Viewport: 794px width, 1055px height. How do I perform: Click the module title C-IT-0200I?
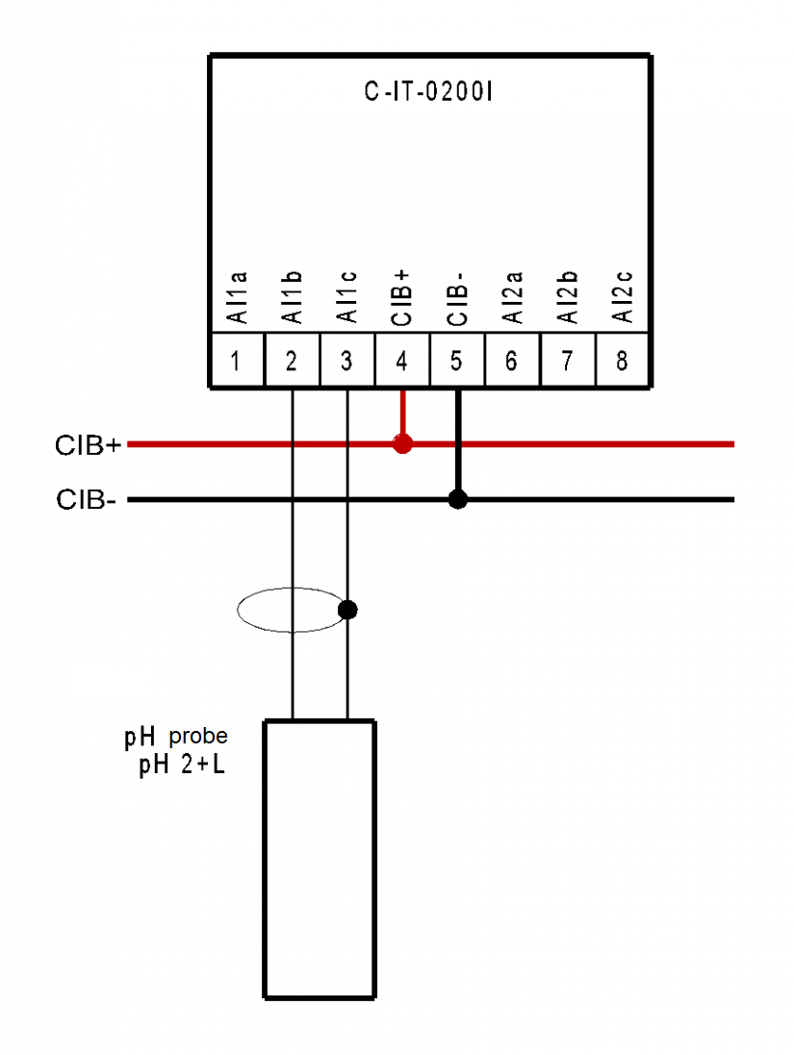[x=429, y=93]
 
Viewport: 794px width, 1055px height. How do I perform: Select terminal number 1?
[x=236, y=361]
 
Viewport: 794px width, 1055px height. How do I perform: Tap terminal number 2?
[x=292, y=361]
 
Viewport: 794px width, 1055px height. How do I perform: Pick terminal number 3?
[x=346, y=361]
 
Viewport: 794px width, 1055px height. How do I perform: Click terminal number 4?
[x=401, y=361]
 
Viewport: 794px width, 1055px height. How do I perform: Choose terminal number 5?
[x=456, y=361]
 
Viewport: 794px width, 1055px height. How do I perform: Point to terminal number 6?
[x=511, y=361]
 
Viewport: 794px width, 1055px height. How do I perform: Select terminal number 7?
[x=567, y=361]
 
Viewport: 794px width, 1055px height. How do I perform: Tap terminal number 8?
[x=622, y=361]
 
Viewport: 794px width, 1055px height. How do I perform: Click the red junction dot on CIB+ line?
[x=402, y=444]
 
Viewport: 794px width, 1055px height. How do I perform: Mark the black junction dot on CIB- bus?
[x=458, y=499]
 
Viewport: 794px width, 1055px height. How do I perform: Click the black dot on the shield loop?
[x=348, y=610]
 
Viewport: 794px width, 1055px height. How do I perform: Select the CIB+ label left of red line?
[x=88, y=445]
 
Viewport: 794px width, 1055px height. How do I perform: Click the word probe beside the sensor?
[x=199, y=737]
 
